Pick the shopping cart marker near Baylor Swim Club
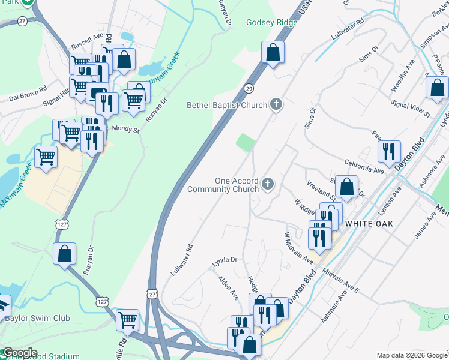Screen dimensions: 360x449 (127, 320)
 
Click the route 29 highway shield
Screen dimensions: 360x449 (248, 89)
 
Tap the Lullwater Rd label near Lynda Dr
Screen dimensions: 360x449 (181, 259)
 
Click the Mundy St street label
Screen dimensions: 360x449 (126, 128)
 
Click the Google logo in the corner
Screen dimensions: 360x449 (19, 353)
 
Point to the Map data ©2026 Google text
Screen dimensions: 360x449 (411, 355)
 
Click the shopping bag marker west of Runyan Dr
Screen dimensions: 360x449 (64, 254)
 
